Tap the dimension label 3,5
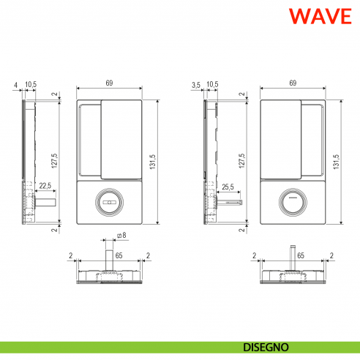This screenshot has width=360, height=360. [195, 85]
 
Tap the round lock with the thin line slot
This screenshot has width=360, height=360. [293, 200]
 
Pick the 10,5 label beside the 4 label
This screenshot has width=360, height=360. [30, 85]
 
